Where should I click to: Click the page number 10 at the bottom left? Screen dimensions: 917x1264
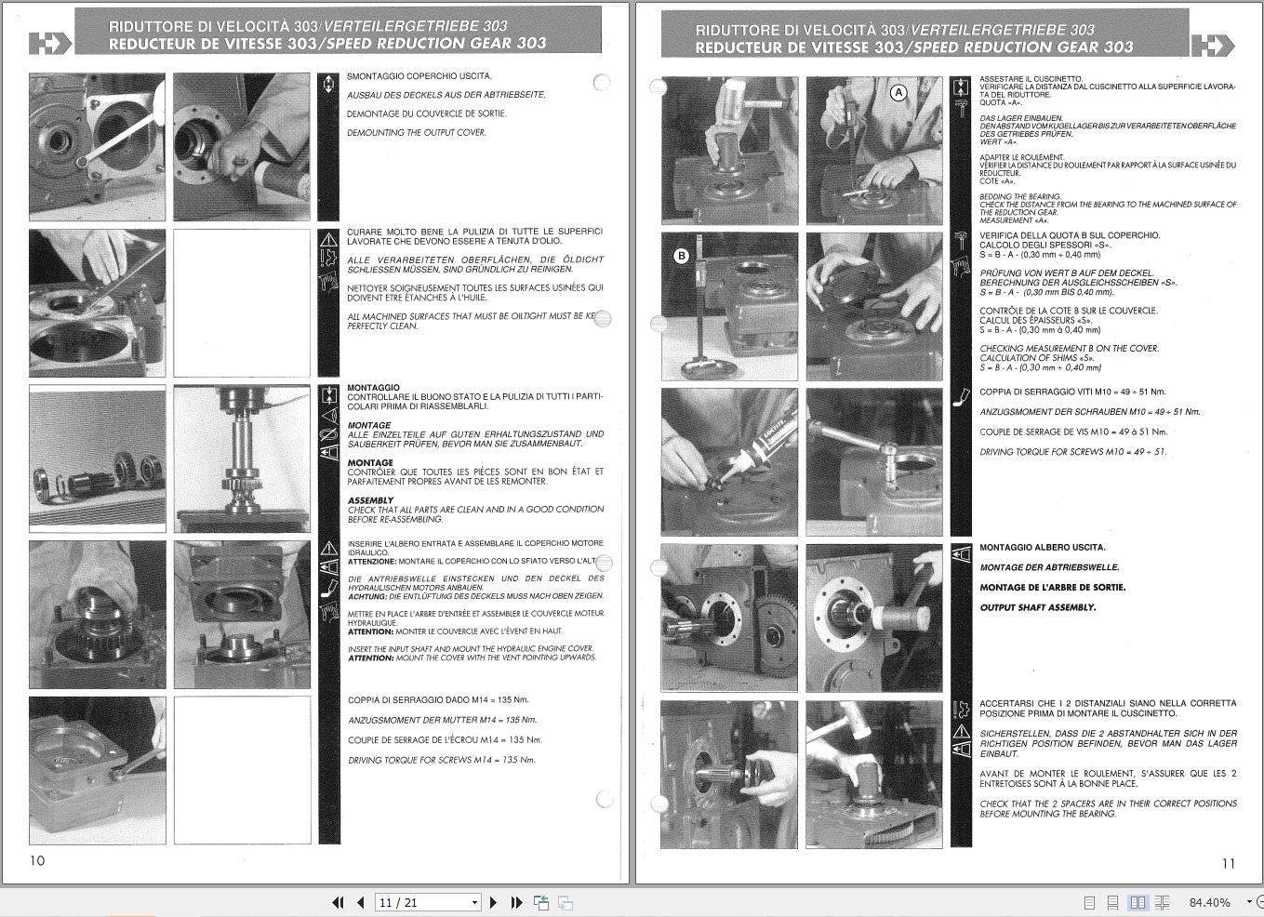tap(37, 860)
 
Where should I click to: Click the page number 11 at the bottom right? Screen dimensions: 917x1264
tap(1228, 863)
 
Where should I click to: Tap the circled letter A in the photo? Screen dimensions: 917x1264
tap(898, 92)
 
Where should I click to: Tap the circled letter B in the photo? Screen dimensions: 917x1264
tap(681, 256)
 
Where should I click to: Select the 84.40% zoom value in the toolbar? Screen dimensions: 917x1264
tap(1209, 902)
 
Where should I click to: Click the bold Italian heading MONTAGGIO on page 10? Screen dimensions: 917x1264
tap(373, 388)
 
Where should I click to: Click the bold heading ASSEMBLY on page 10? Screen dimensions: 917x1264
tap(370, 500)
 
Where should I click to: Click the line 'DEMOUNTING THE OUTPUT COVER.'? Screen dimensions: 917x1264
tap(416, 133)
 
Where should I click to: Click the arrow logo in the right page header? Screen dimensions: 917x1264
tap(1211, 46)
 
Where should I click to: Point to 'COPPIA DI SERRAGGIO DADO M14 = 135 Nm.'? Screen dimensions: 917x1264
tap(438, 700)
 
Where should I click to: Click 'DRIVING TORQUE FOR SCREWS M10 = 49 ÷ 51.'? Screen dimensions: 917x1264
tap(1071, 452)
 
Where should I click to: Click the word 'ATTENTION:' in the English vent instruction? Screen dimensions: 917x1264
tap(371, 658)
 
